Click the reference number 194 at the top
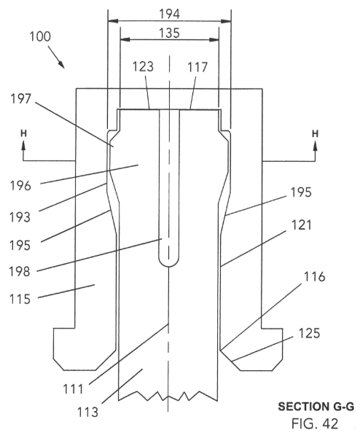pyautogui.click(x=169, y=14)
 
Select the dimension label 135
pyautogui.click(x=169, y=33)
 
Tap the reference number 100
pyautogui.click(x=40, y=36)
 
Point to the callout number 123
pyautogui.click(x=143, y=67)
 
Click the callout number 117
pyautogui.click(x=197, y=67)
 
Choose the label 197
pyautogui.click(x=20, y=99)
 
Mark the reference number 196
pyautogui.click(x=20, y=186)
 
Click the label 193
pyautogui.click(x=20, y=217)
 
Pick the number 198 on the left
pyautogui.click(x=20, y=271)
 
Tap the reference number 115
pyautogui.click(x=20, y=300)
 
